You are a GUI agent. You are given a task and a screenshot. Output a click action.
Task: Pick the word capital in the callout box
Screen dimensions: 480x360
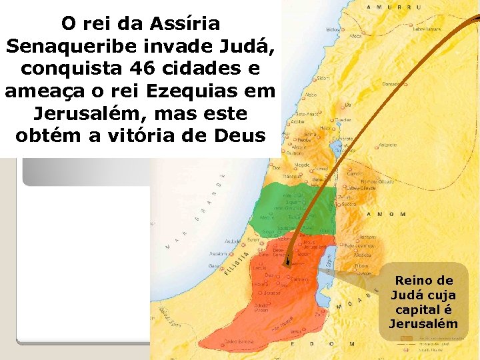423,310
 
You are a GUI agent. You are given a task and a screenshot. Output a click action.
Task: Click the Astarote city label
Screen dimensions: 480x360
388,144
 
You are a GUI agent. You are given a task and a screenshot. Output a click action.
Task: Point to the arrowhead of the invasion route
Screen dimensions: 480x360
287,263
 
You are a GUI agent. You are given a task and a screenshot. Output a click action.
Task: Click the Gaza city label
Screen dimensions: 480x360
214,265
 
